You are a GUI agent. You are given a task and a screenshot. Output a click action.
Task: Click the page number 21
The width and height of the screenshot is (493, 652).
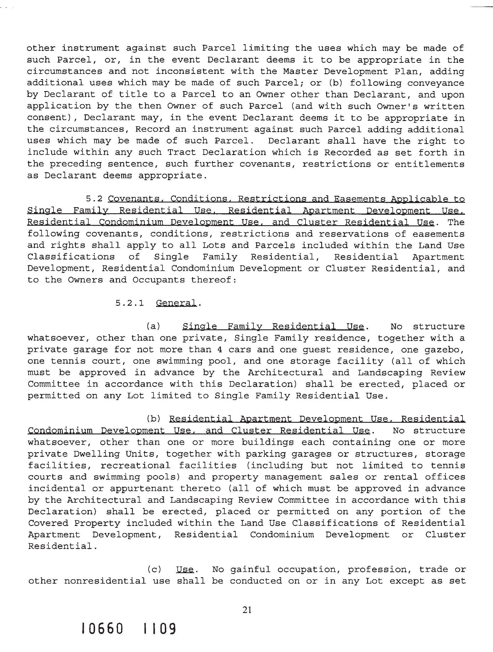[x=247, y=610]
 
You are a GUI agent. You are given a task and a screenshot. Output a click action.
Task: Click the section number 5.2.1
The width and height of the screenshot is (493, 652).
[x=130, y=303]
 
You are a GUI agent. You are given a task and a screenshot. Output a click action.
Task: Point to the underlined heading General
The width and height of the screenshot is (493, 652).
[x=176, y=303]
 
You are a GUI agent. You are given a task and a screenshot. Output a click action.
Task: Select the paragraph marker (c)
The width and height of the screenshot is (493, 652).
[x=154, y=569]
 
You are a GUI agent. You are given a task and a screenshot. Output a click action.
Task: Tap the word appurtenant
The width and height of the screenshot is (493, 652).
[x=142, y=488]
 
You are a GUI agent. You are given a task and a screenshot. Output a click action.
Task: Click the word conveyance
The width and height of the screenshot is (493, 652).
[x=435, y=83]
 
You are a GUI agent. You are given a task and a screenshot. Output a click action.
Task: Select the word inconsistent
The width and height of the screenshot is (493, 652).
[x=190, y=71]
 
